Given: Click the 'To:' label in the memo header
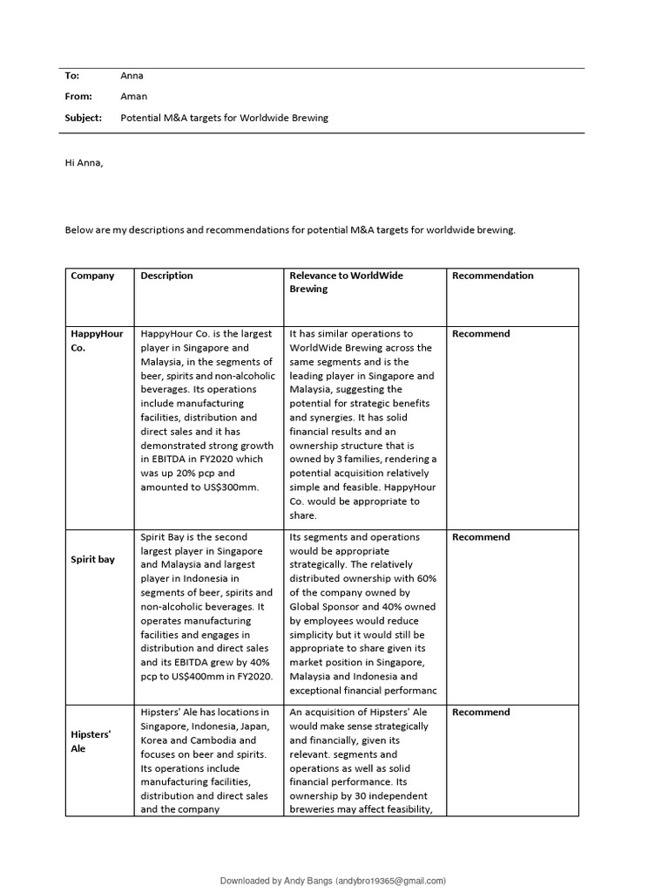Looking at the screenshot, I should (x=72, y=76).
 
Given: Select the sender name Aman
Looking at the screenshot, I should (x=133, y=97).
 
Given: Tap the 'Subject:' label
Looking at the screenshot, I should (x=84, y=118).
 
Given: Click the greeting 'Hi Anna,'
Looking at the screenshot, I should (x=84, y=162).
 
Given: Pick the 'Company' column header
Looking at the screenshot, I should (x=92, y=276).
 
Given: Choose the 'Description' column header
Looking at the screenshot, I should (x=167, y=276).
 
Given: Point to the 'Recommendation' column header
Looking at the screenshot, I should (x=493, y=276).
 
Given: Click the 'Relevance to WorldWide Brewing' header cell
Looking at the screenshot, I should (x=346, y=282).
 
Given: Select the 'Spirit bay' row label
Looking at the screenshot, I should (x=92, y=559).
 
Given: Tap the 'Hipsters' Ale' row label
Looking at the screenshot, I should (x=91, y=741).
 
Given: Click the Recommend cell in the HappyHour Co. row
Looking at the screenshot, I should (x=481, y=334).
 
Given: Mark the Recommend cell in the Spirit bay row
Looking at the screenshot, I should (x=481, y=537).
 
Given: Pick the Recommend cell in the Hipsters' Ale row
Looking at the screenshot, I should (x=481, y=712).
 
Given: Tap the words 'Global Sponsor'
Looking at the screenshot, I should (x=323, y=607).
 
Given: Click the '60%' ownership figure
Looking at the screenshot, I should (x=424, y=579).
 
